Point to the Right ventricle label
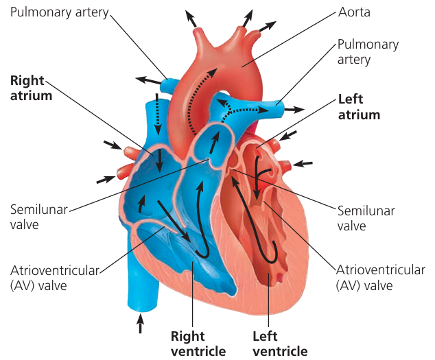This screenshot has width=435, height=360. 198,344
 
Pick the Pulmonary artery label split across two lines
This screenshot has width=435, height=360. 367,52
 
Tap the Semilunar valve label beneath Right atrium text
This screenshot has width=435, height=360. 38,217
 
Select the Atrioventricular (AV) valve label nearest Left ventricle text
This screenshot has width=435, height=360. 381,277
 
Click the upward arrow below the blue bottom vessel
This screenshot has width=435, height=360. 141,323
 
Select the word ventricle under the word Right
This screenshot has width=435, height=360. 198,351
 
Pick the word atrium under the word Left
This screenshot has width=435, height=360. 360,115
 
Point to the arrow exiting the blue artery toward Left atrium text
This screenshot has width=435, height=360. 295,109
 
